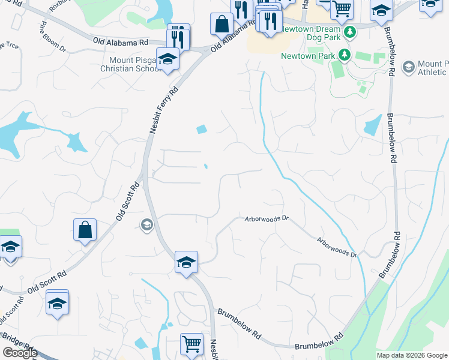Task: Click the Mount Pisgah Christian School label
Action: tap(134, 64)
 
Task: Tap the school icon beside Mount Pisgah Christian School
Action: tap(167, 59)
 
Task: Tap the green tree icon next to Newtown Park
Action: tap(345, 56)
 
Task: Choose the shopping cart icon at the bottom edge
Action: tap(191, 344)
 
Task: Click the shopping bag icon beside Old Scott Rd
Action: tap(85, 229)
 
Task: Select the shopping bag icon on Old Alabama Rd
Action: tap(221, 24)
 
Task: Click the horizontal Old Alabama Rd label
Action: tap(120, 42)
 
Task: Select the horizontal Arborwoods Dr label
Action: tap(267, 220)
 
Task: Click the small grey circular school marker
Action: tap(146, 225)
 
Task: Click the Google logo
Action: tap(20, 353)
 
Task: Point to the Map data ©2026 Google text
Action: tap(412, 355)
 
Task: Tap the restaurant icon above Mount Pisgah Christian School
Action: tap(178, 35)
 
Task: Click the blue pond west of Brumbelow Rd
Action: tap(372, 125)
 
